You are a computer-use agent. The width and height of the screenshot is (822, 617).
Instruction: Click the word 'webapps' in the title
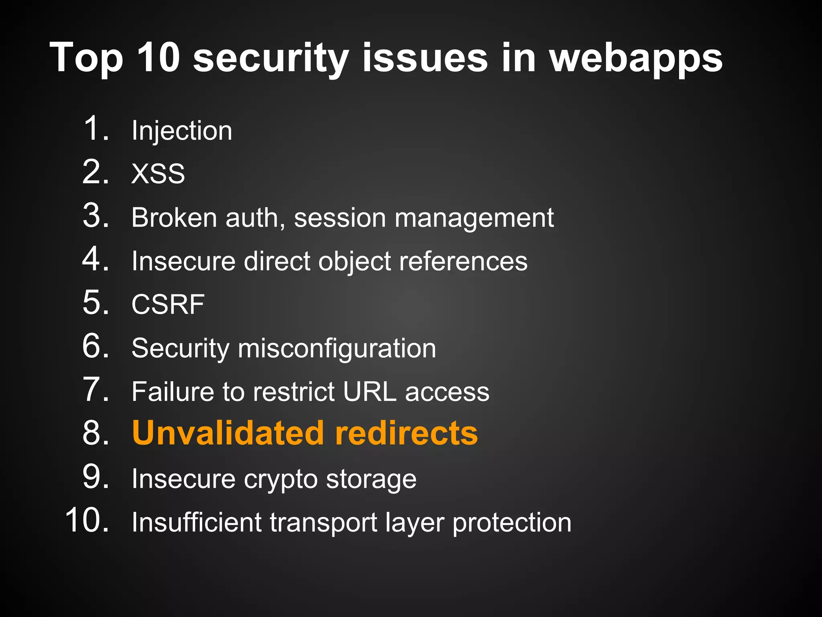coord(636,59)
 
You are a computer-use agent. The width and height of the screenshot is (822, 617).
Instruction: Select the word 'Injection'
coord(182,131)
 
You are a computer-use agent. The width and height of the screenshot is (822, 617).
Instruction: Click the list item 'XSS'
coord(158,174)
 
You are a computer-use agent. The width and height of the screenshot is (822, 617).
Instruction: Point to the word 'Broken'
coord(174,218)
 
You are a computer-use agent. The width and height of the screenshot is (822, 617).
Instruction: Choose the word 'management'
coord(474,219)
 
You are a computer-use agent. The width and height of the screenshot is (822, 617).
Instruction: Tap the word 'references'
coord(463,261)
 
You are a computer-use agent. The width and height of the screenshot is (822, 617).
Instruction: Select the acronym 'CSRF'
coord(168,304)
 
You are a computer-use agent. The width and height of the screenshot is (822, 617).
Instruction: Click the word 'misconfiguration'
coord(337,348)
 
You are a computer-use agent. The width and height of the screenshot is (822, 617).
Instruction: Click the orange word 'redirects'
coord(406,433)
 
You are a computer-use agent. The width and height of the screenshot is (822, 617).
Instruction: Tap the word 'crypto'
coord(281,480)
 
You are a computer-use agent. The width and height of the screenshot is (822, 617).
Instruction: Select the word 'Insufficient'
coord(197,522)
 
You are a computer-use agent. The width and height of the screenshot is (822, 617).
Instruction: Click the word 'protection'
coord(512,523)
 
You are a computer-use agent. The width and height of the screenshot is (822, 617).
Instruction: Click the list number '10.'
coord(87,521)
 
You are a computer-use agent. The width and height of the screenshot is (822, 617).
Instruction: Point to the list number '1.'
coord(96,129)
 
